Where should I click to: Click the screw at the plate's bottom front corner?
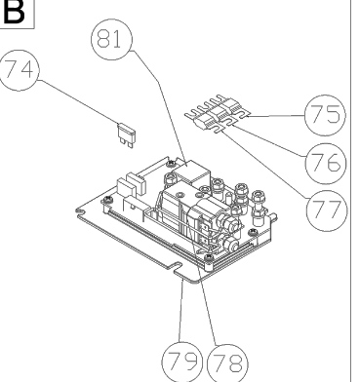[x=207, y=260]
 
